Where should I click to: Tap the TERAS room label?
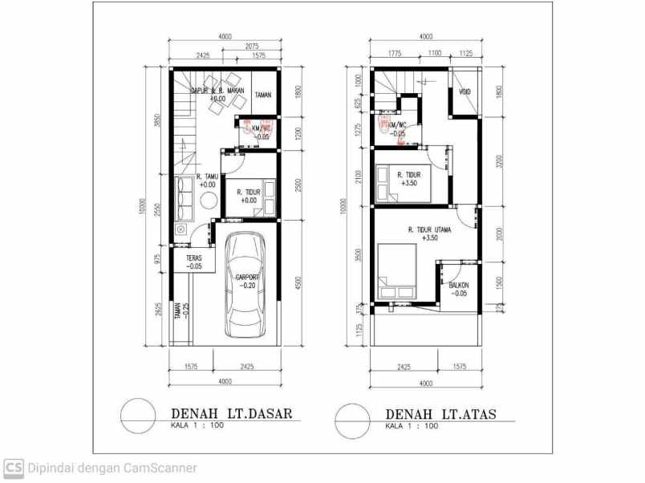[193, 258]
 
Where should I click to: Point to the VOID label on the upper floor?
[464, 91]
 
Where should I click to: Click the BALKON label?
[458, 285]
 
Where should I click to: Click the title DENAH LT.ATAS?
[440, 414]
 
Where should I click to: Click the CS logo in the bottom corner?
[13, 468]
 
